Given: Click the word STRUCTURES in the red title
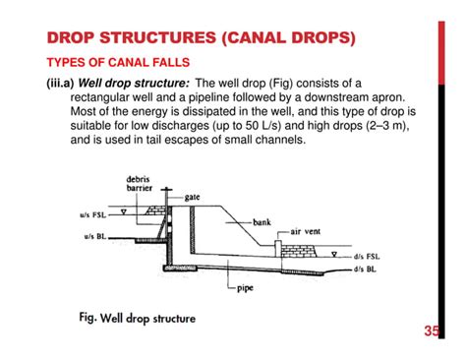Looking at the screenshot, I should [143, 40].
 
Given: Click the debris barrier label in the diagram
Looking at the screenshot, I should [138, 185].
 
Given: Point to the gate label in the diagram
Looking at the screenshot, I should [193, 198].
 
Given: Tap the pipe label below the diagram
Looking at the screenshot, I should [246, 288].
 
